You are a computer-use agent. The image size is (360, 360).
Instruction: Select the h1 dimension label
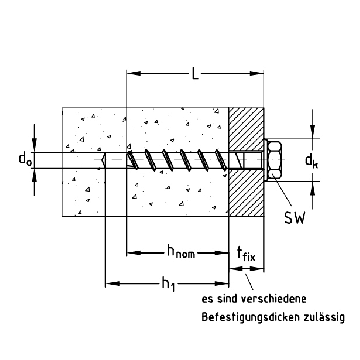coord(168,285)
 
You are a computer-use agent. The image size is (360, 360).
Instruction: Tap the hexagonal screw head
coord(279,157)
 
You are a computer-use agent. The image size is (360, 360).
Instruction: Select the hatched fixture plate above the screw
coord(247,125)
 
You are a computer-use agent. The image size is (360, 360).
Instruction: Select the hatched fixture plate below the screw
coord(247,192)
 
